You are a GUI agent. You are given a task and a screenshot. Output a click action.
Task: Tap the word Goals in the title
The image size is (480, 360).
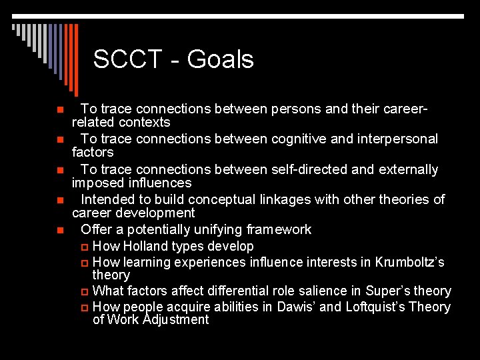pos(221,59)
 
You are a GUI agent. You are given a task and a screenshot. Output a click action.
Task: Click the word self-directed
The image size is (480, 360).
pos(307,169)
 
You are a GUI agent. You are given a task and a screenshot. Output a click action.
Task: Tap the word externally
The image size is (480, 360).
pos(408,169)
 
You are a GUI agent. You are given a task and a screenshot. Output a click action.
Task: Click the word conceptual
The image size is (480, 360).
pos(223,199)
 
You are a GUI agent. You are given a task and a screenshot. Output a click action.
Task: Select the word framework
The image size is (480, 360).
pos(279,229)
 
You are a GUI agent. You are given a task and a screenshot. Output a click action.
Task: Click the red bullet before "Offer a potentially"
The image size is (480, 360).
pos(59,230)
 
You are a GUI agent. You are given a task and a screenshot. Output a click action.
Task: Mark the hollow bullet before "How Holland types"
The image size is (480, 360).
pos(83,247)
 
